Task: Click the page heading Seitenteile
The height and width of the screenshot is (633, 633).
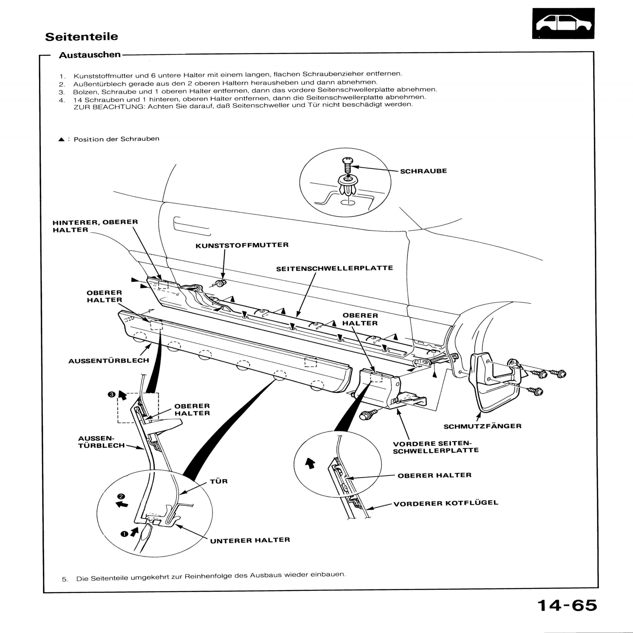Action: (81, 36)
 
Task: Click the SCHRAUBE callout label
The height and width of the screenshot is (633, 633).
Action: (423, 171)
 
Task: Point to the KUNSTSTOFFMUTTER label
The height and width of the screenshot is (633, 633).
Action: (242, 245)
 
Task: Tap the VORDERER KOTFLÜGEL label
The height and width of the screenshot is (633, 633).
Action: (446, 503)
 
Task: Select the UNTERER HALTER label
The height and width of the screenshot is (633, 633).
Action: (250, 540)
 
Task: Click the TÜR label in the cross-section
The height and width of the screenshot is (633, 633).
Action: (219, 481)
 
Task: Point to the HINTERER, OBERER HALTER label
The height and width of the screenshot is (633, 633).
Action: (95, 226)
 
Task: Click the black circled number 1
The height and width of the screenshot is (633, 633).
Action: (124, 534)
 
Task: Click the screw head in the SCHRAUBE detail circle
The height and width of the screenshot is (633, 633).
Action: (347, 161)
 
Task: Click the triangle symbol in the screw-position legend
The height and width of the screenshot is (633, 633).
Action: (61, 139)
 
